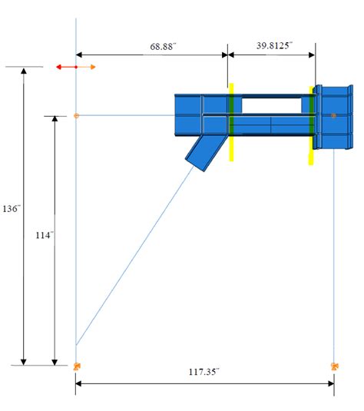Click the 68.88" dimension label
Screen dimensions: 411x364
pos(162,46)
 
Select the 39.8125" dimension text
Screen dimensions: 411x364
pos(272,45)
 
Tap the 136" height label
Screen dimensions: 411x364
pos(11,209)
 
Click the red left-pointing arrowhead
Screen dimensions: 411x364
pos(59,68)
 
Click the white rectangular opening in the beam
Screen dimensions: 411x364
pos(263,104)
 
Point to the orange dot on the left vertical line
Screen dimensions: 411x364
pos(76,116)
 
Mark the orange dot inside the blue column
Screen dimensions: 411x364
pos(333,116)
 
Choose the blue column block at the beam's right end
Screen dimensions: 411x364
pos(332,119)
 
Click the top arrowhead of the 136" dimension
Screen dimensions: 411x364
pos(24,71)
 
